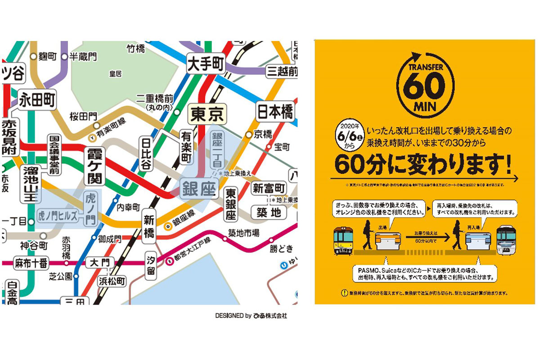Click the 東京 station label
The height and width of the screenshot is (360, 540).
point(207,114)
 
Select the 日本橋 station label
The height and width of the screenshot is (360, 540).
point(274,111)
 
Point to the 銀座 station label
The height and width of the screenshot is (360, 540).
point(198,189)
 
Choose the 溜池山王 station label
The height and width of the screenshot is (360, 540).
point(27,184)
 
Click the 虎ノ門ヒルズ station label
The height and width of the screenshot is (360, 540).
point(58,214)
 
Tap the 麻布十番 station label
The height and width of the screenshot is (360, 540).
point(31,263)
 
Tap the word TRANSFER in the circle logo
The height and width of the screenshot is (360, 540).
point(426,67)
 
